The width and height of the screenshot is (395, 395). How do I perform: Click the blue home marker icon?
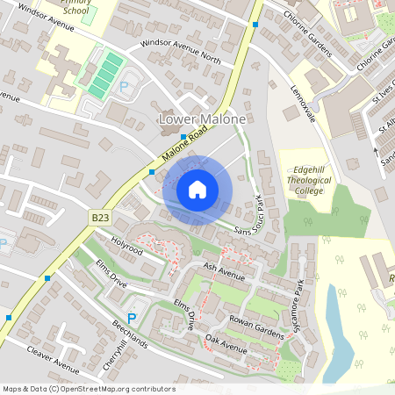point(197,190)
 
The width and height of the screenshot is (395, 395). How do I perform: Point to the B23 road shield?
point(100,215)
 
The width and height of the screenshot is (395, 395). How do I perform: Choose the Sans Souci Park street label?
point(250,213)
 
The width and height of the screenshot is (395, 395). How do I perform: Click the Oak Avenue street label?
point(225,345)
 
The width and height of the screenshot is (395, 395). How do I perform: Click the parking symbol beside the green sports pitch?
point(124,87)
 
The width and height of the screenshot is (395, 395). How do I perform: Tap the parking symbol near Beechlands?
point(133,318)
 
